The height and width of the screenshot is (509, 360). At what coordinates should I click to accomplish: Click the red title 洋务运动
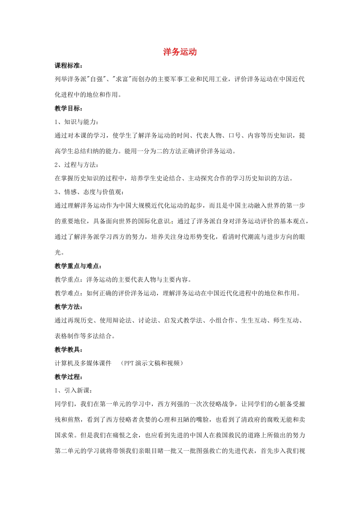click(x=180, y=52)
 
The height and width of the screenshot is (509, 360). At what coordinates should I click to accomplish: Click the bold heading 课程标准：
click(x=69, y=66)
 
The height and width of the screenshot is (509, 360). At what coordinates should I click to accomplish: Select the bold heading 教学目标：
click(x=69, y=108)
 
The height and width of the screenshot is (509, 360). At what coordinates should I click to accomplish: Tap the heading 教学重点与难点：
click(x=78, y=266)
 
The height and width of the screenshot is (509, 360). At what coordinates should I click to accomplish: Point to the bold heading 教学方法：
click(x=69, y=307)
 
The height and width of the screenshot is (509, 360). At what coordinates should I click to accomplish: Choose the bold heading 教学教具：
click(x=69, y=350)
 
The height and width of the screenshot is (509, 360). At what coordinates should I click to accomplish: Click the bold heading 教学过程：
click(x=69, y=377)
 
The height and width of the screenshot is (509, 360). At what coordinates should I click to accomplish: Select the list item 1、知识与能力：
click(x=77, y=122)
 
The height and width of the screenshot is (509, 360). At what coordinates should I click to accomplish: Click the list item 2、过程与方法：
click(x=77, y=165)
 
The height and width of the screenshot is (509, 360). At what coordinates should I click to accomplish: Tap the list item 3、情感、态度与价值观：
click(x=89, y=192)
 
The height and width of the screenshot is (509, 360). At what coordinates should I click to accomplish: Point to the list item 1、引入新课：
click(x=74, y=390)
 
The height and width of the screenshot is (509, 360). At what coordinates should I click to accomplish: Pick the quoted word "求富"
click(x=122, y=79)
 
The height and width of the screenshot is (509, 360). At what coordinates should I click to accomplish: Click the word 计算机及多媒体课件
click(x=83, y=363)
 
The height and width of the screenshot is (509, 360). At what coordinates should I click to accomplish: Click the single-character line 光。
click(x=59, y=252)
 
